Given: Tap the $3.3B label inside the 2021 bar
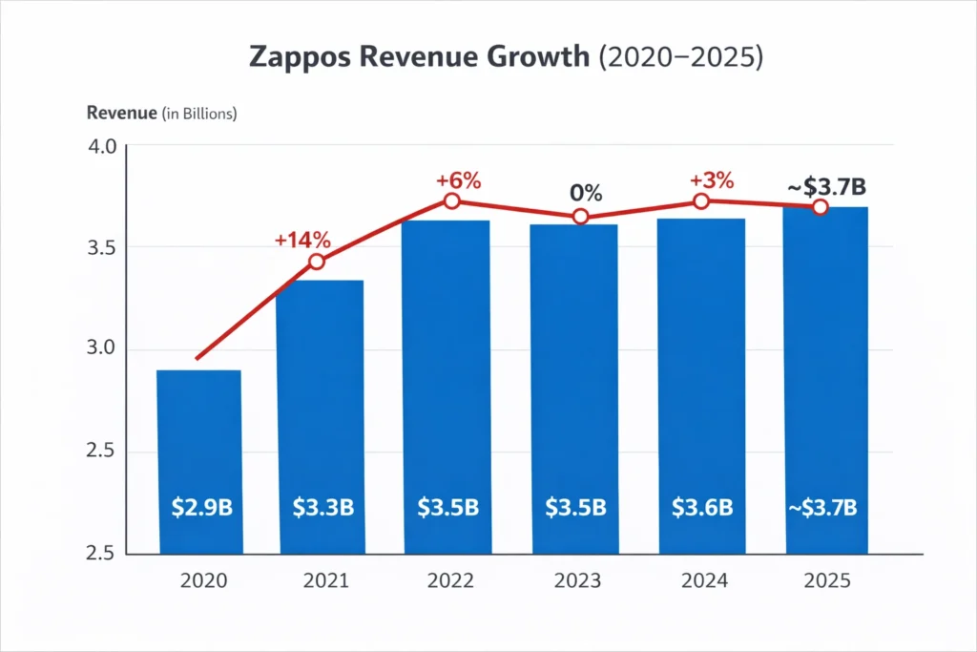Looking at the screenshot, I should point(322,507).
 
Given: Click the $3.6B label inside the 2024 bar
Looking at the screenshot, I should point(701,507).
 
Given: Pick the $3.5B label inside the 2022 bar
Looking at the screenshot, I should point(448,507).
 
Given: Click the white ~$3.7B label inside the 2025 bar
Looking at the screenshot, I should point(825,507).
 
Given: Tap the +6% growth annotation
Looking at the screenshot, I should point(458,179).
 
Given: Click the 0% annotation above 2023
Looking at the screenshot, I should point(586,193).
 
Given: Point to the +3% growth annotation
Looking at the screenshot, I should point(712,179).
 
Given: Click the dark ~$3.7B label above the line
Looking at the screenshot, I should point(825,185).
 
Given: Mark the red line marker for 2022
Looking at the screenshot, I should point(452,201).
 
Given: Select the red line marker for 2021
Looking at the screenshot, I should point(317,262).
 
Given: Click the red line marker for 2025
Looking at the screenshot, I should point(820,207).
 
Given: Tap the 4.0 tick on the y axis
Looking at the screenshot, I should point(102,147).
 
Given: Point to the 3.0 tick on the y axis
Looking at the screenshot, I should point(102,349).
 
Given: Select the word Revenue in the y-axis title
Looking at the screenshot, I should point(121,114).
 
